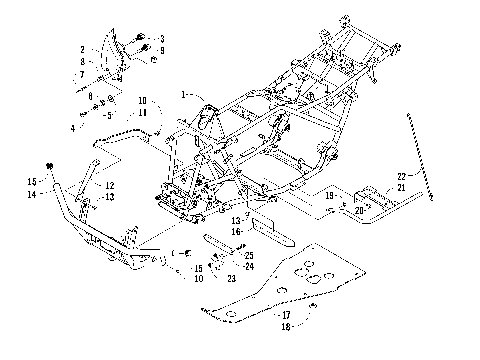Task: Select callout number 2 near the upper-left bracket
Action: (x=82, y=49)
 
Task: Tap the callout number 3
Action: (x=162, y=38)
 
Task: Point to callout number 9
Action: (x=162, y=50)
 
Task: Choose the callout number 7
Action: (x=82, y=74)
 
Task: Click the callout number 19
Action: (x=327, y=197)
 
